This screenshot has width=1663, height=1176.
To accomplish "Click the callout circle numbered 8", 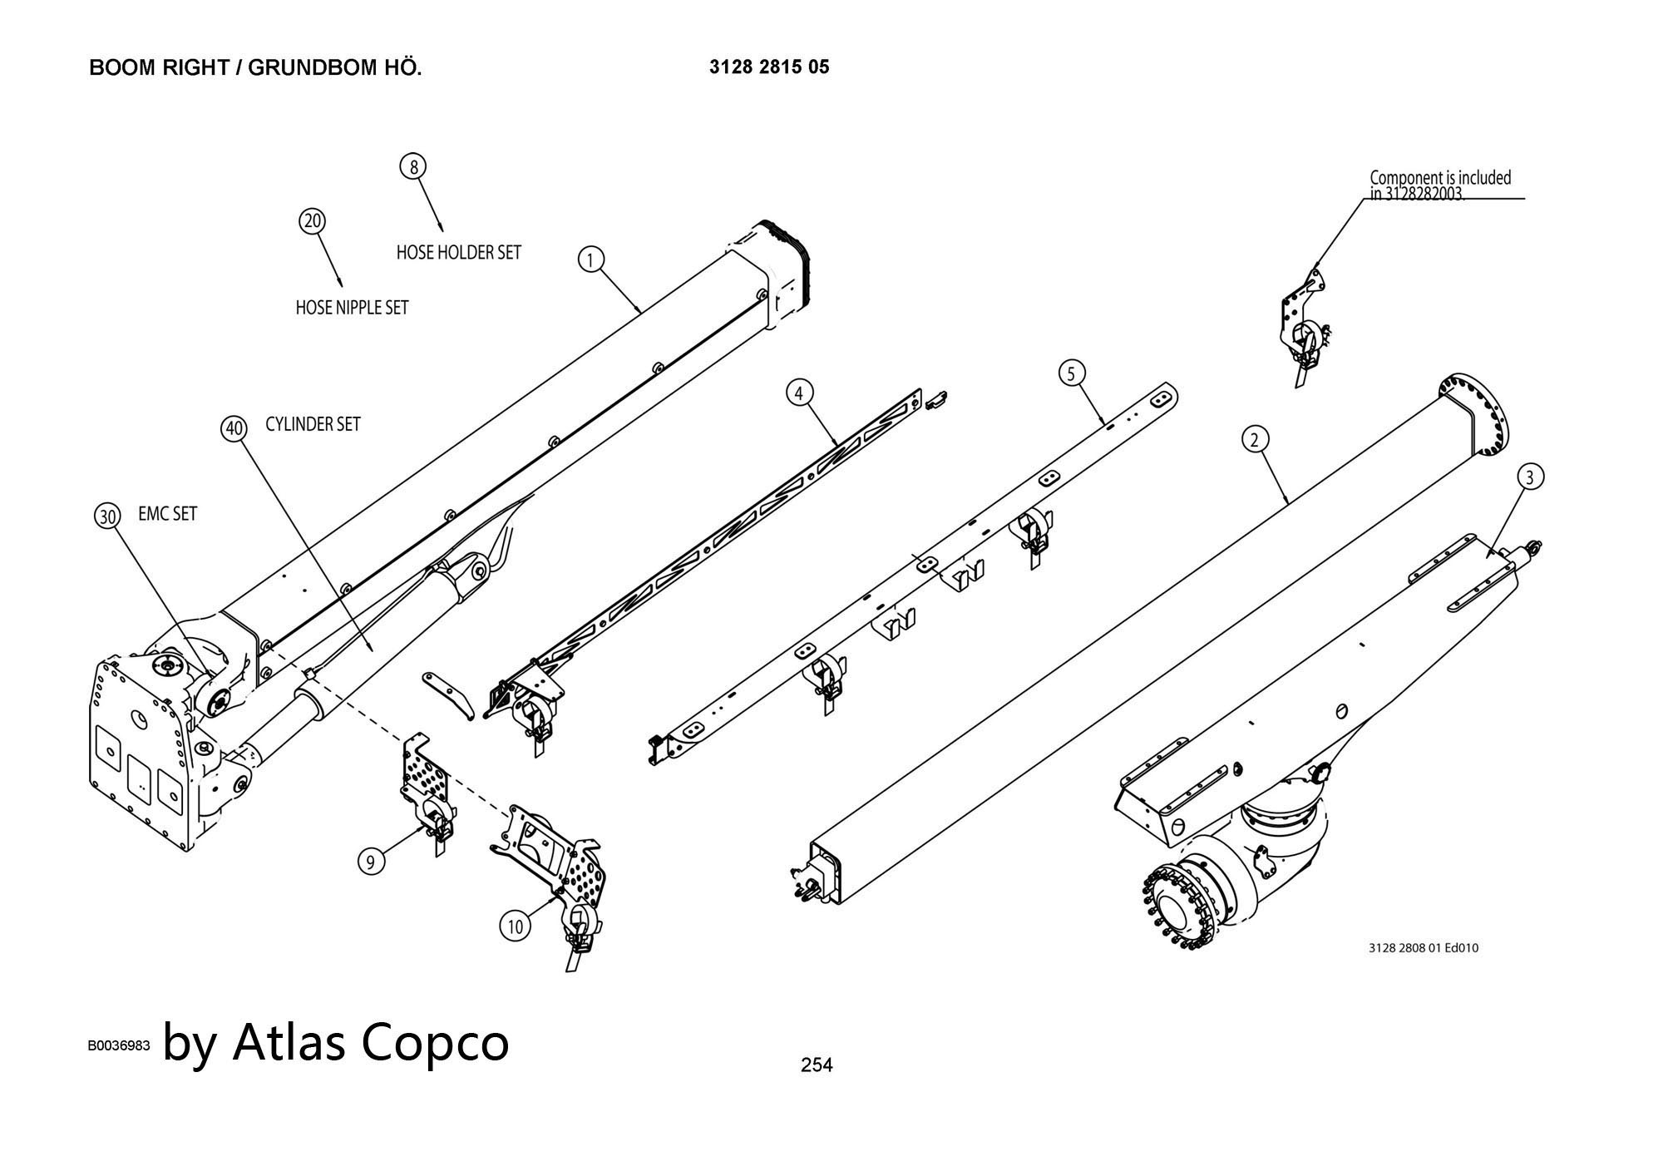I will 413,166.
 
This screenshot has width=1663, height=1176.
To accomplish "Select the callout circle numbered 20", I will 312,221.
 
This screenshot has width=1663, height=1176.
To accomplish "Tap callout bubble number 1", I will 590,260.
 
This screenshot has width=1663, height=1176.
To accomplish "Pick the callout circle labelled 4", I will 799,393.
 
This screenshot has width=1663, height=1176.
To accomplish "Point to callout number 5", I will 1072,373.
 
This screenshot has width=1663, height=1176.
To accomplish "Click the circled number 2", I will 1255,439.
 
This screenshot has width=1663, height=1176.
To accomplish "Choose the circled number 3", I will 1530,477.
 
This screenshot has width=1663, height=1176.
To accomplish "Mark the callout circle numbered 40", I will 234,428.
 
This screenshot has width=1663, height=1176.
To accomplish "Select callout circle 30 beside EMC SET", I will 107,516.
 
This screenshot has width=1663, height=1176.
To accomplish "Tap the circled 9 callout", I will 371,861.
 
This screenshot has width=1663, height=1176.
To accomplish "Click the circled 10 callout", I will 516,926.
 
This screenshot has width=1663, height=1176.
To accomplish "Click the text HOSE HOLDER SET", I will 458,252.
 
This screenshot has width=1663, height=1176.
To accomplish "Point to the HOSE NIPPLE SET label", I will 352,308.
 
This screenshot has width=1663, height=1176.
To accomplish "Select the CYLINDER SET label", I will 313,424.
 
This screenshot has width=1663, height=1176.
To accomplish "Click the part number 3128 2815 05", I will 769,67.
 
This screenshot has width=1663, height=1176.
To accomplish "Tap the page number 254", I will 816,1065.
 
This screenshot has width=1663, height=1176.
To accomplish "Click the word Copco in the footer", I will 436,1041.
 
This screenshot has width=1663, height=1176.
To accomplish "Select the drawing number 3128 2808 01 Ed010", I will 1424,947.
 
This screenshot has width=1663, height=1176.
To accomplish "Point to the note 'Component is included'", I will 1440,177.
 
